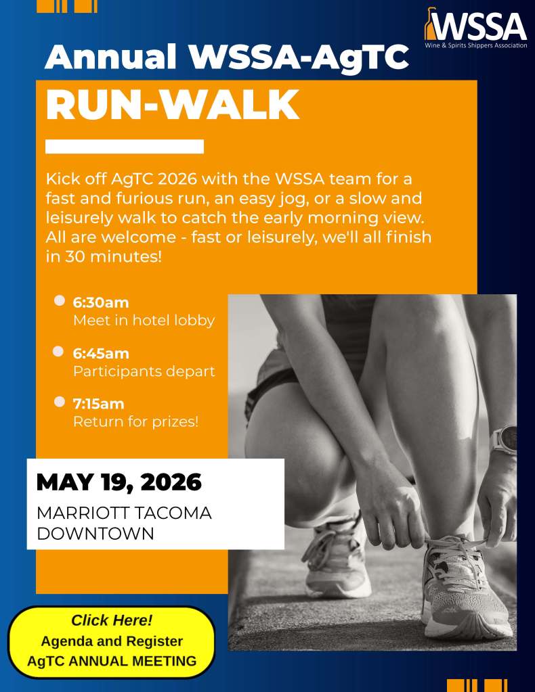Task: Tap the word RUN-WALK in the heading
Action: point(172,105)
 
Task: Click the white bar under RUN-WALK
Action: point(125,147)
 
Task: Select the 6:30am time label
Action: point(101,303)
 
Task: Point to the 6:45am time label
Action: point(101,354)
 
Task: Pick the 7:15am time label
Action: point(98,404)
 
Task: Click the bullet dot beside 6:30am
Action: point(59,300)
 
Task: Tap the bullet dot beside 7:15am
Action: point(59,402)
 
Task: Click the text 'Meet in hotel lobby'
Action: point(144,321)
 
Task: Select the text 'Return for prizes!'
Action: point(135,422)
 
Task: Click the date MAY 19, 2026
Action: point(119,482)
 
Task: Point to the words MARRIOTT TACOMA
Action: point(124,513)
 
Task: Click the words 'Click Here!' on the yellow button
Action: point(112,620)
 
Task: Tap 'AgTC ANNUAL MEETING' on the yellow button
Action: point(112,661)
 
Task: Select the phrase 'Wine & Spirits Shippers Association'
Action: point(476,45)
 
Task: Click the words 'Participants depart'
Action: point(144,371)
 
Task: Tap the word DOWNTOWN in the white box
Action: point(95,534)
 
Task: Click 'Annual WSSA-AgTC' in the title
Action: point(227,57)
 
